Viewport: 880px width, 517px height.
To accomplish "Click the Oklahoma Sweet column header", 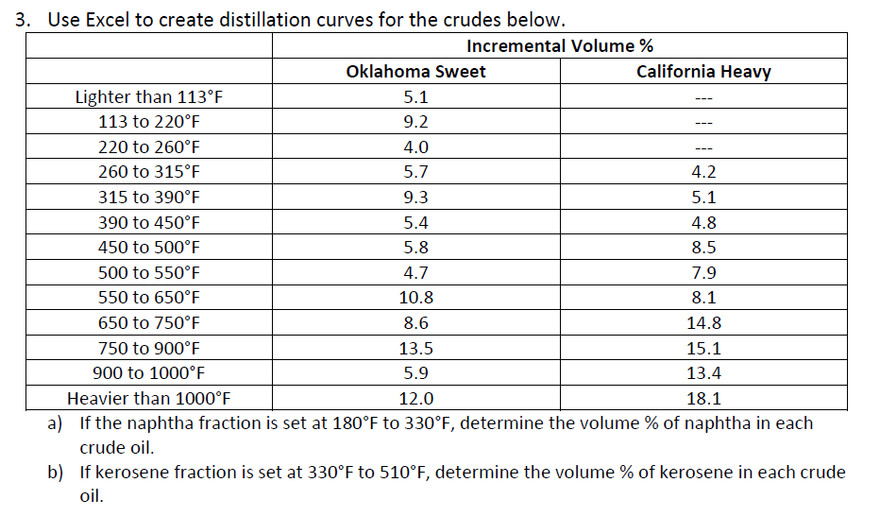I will point(415,72).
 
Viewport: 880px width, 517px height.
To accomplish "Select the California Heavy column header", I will point(703,72).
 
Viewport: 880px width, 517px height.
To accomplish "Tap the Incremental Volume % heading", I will point(559,46).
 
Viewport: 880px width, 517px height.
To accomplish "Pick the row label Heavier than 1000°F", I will point(149,398).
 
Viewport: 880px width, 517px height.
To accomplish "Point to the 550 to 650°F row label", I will point(149,298).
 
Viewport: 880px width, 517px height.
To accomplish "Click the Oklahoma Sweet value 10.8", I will point(415,298).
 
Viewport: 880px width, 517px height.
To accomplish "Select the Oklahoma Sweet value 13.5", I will point(415,348).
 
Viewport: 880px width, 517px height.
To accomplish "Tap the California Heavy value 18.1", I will point(703,398).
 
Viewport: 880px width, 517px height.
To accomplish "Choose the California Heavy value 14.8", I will point(703,322).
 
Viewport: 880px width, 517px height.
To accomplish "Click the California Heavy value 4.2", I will point(703,172).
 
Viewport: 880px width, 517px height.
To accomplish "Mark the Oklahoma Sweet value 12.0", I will point(415,398).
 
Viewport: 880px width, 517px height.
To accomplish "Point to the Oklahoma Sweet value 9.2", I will point(415,122).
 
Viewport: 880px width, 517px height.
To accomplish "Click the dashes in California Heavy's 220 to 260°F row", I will point(703,147).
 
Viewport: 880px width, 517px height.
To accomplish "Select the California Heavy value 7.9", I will point(703,273).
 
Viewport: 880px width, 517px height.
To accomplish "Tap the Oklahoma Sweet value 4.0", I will point(415,147).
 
